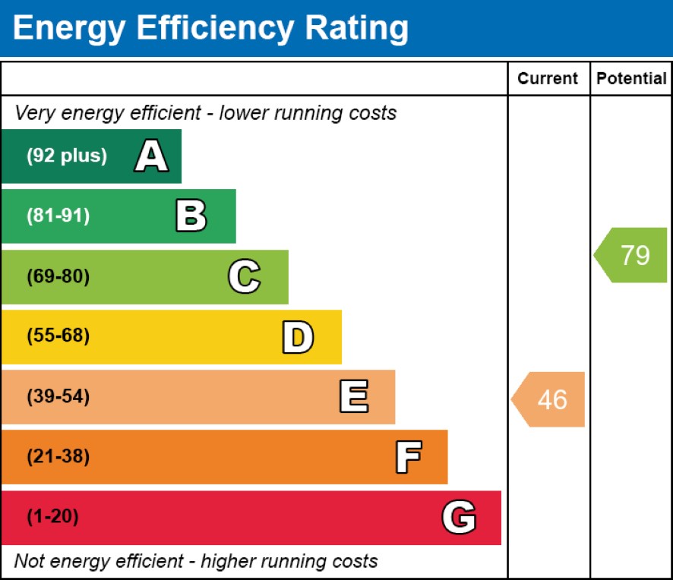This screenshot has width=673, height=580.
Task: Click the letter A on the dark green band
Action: tap(151, 157)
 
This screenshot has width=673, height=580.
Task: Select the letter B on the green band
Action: tap(191, 216)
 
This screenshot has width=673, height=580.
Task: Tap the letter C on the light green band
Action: tap(244, 277)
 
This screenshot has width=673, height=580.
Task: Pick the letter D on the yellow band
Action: tap(298, 337)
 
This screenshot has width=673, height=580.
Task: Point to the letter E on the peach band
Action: tap(354, 397)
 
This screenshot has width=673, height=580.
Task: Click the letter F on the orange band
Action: tap(408, 457)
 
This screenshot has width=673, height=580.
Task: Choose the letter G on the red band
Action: tap(459, 518)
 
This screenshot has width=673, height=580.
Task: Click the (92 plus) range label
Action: tap(67, 156)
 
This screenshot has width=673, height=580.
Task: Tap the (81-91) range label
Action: tap(58, 216)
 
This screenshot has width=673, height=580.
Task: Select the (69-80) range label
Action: tap(58, 277)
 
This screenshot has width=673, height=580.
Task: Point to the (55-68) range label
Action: tap(58, 336)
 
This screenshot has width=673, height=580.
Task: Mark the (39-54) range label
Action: tap(58, 397)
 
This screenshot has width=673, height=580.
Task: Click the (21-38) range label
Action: tap(58, 457)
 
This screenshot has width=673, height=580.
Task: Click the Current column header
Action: tap(548, 79)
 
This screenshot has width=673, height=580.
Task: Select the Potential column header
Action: tap(631, 79)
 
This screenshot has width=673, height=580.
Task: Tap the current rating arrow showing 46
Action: tap(549, 399)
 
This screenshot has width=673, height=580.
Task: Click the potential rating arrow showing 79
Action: tap(632, 255)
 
